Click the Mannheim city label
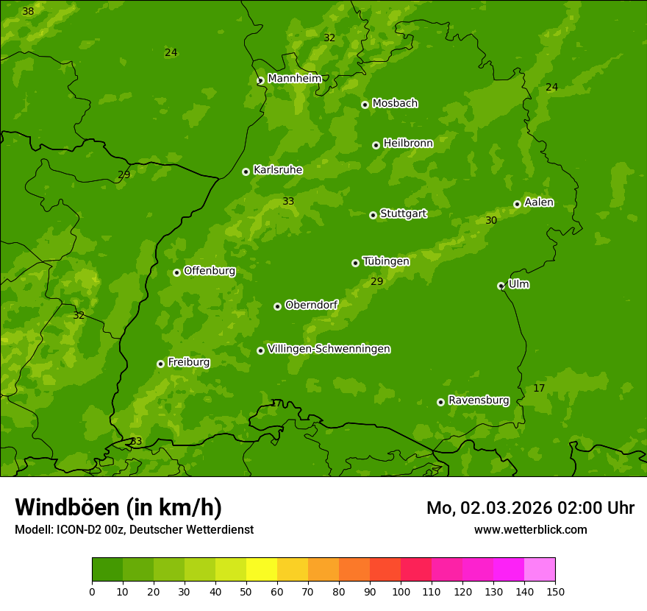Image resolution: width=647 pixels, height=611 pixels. click(294, 79)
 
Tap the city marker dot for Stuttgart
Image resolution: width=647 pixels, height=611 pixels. click(373, 215)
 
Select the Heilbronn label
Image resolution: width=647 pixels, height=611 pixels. click(408, 144)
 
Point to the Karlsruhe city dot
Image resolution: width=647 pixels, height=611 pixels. click(246, 172)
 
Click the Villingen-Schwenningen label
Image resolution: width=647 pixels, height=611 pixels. click(329, 349)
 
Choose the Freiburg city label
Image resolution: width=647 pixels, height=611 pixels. click(188, 362)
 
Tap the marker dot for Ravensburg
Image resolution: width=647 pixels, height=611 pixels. click(440, 402)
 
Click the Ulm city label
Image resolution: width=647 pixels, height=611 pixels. click(518, 284)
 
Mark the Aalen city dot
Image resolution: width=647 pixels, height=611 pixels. click(517, 204)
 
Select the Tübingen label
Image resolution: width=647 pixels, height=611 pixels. click(385, 261)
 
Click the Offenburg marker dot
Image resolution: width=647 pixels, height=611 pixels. click(176, 272)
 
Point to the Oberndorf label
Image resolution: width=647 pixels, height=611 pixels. click(311, 305)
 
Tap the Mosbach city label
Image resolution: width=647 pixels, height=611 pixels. click(395, 104)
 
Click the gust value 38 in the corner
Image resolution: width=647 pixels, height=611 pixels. click(28, 12)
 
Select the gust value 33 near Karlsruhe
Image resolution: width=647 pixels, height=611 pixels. click(288, 201)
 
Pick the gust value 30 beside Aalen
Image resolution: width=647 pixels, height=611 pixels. click(491, 220)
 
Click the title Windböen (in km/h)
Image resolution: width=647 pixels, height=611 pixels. click(118, 507)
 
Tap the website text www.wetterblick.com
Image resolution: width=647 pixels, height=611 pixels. click(530, 529)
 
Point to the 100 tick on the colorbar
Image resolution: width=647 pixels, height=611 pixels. click(401, 590)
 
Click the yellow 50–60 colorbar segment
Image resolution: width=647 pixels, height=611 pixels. click(262, 570)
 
